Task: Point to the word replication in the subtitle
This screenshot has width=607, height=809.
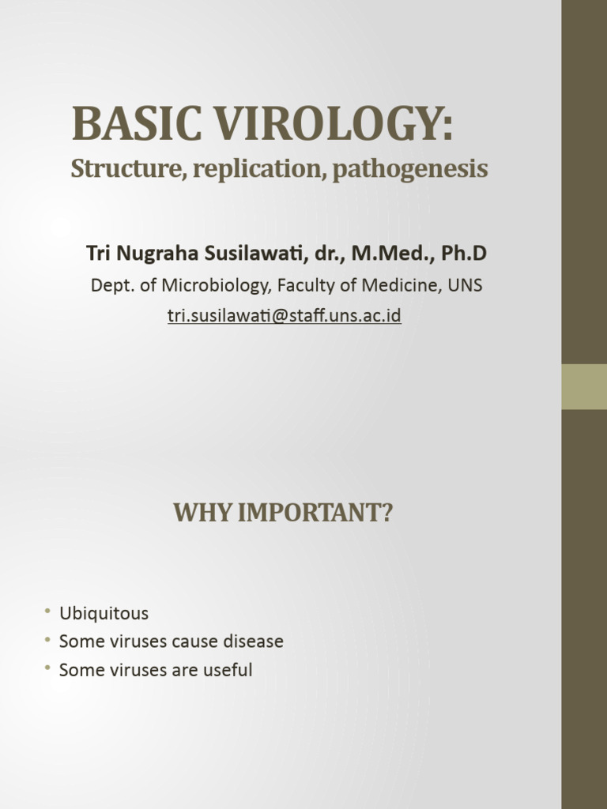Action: tap(256, 169)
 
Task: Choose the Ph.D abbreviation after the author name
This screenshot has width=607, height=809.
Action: tap(465, 254)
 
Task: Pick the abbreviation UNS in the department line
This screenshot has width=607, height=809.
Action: tap(465, 285)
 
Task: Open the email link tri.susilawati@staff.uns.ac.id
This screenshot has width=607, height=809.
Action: tap(285, 316)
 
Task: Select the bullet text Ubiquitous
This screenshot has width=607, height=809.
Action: tap(104, 614)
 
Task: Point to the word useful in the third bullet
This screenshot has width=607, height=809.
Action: tap(227, 670)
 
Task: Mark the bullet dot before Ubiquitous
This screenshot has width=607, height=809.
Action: tap(47, 613)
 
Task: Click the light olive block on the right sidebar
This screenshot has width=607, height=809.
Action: tap(584, 386)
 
